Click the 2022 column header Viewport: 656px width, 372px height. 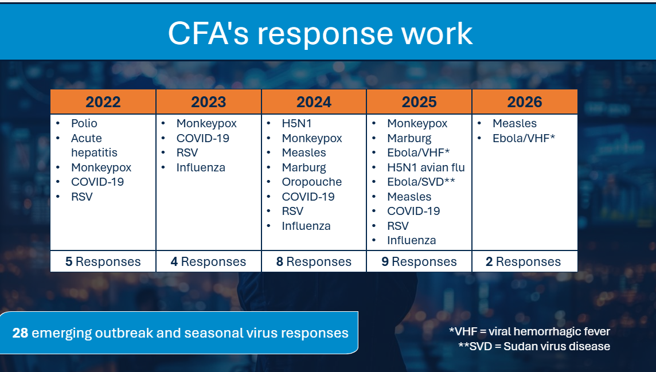pyautogui.click(x=103, y=102)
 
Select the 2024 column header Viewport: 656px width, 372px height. pyautogui.click(x=314, y=102)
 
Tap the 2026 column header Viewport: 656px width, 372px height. pyautogui.click(x=525, y=102)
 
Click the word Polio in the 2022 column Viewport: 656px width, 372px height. pyautogui.click(x=84, y=123)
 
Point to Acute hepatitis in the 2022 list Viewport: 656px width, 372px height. pyautogui.click(x=94, y=146)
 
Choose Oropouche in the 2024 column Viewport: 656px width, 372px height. pyautogui.click(x=312, y=182)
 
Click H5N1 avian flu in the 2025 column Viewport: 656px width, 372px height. pyautogui.click(x=426, y=167)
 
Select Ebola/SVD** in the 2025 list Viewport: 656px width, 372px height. pyautogui.click(x=421, y=182)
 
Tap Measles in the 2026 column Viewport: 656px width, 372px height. pyautogui.click(x=514, y=123)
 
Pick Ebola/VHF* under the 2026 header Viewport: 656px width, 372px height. pyautogui.click(x=524, y=138)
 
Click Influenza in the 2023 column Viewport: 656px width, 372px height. pyautogui.click(x=201, y=167)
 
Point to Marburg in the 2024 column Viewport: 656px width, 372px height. pyautogui.click(x=304, y=167)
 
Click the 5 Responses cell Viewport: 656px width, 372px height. pyautogui.click(x=103, y=261)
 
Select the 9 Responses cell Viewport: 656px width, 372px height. pyautogui.click(x=419, y=261)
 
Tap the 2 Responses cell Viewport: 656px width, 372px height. pyautogui.click(x=525, y=261)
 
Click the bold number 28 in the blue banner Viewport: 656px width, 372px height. pyautogui.click(x=20, y=332)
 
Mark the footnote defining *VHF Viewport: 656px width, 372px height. pyautogui.click(x=529, y=331)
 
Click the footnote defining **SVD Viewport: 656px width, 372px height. pyautogui.click(x=534, y=346)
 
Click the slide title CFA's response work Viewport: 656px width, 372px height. pyautogui.click(x=320, y=33)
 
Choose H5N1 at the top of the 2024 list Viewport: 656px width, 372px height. pyautogui.click(x=296, y=123)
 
